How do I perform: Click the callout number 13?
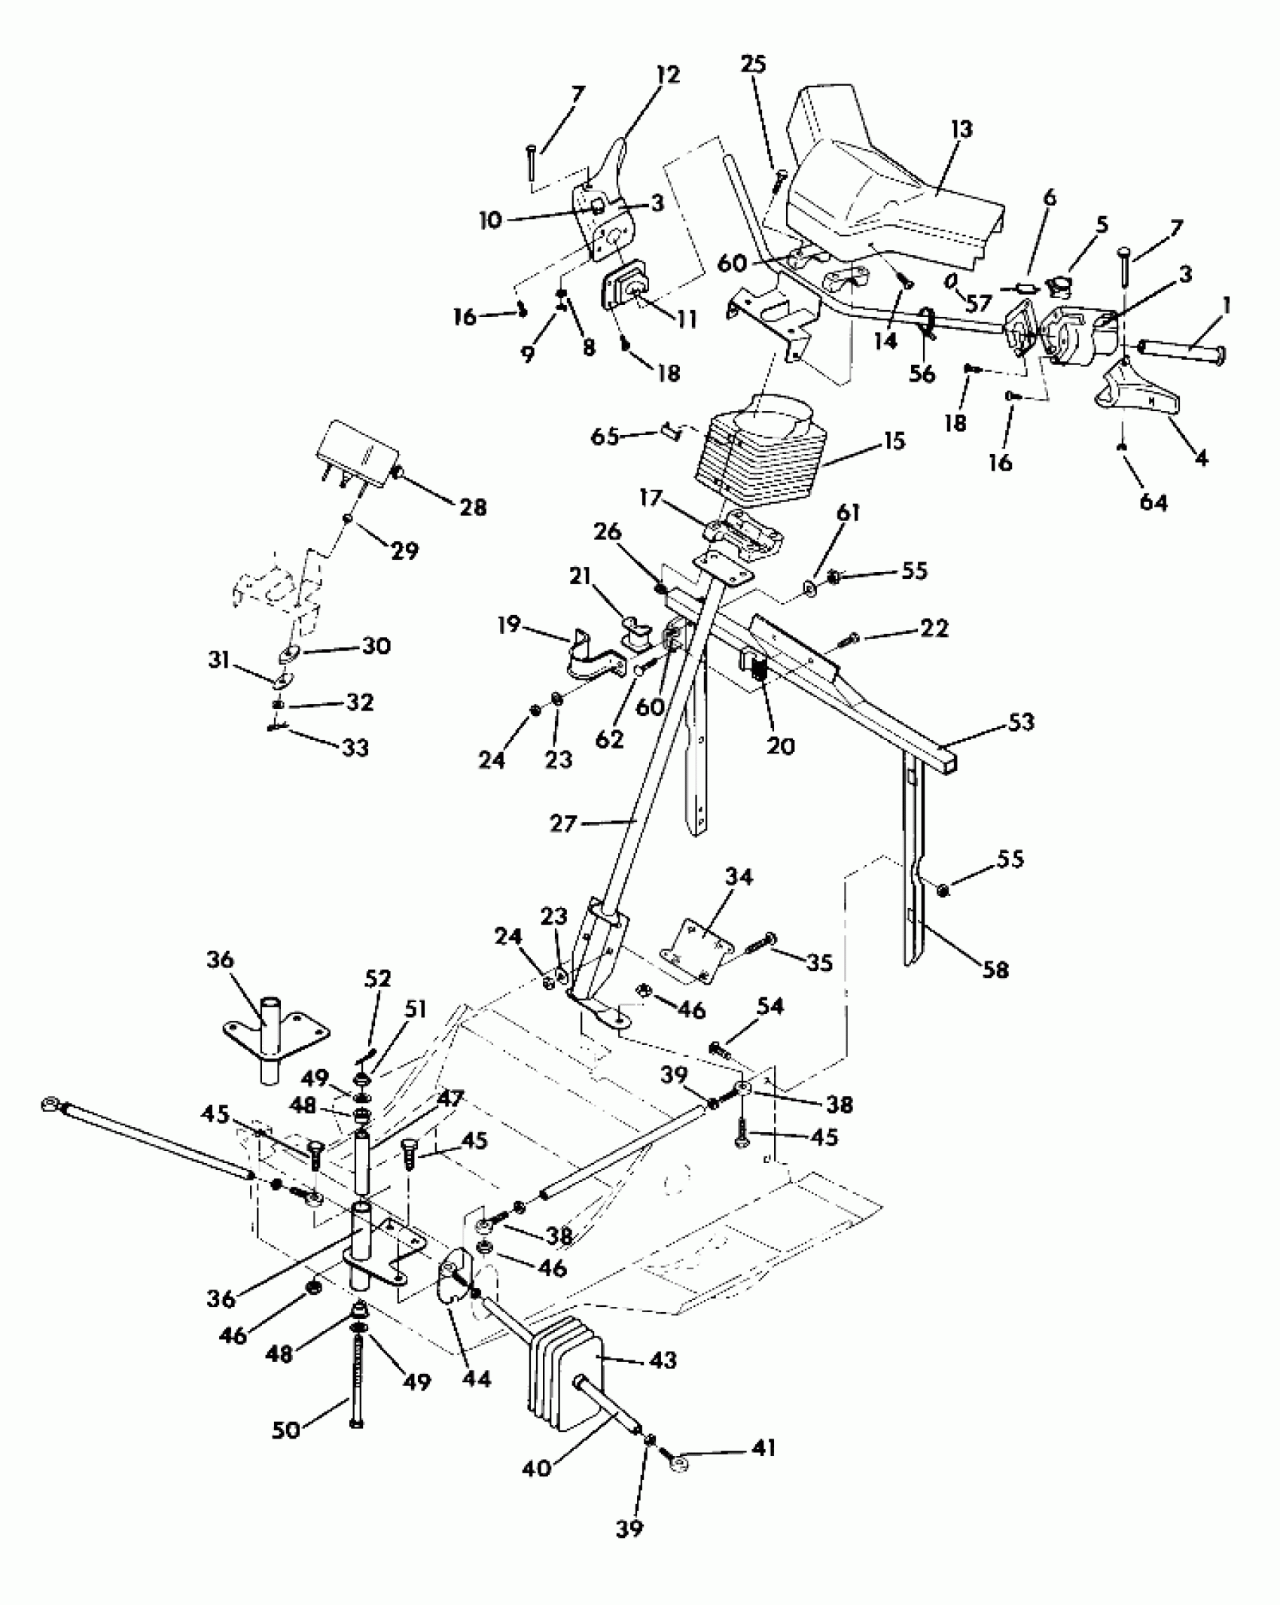click(x=962, y=129)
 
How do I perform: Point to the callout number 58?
click(x=995, y=970)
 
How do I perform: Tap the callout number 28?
click(x=473, y=507)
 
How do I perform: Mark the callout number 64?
click(x=1153, y=502)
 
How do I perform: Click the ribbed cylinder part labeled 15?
click(x=760, y=452)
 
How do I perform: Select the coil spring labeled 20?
click(x=761, y=668)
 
